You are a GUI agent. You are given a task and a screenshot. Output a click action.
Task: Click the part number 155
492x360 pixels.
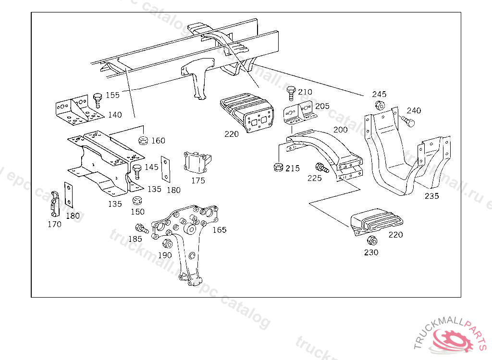point(112,95)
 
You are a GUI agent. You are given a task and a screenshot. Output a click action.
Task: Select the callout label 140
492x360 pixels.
point(115,115)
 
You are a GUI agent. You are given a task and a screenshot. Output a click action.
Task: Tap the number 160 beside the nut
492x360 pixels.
point(158,141)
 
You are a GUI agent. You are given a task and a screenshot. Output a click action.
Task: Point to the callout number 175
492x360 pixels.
point(198,180)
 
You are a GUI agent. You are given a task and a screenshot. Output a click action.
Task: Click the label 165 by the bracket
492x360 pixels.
point(219,230)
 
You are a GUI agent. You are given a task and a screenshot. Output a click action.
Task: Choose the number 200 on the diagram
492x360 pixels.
point(340,130)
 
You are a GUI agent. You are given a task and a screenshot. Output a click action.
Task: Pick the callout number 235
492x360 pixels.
point(431,196)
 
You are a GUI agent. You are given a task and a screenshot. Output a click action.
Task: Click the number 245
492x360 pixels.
point(379,94)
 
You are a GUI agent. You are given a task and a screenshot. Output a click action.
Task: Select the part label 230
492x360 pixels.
point(371,252)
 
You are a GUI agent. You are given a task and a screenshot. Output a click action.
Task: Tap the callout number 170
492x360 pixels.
point(54,224)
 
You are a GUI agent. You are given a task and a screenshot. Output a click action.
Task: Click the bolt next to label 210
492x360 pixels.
point(290,92)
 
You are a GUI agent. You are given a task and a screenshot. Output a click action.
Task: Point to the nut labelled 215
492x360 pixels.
point(277,167)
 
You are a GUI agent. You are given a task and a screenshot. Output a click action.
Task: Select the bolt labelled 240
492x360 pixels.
point(407,121)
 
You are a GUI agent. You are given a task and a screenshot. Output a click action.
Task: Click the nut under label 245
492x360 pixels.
point(379,106)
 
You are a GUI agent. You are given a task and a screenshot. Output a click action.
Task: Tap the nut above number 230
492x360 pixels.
point(371,240)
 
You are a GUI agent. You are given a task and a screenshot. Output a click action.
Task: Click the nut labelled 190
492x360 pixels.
point(168,243)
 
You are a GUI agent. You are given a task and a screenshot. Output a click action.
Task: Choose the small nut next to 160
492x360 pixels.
point(142,141)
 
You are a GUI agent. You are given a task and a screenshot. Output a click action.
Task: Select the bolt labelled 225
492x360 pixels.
point(321,168)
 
